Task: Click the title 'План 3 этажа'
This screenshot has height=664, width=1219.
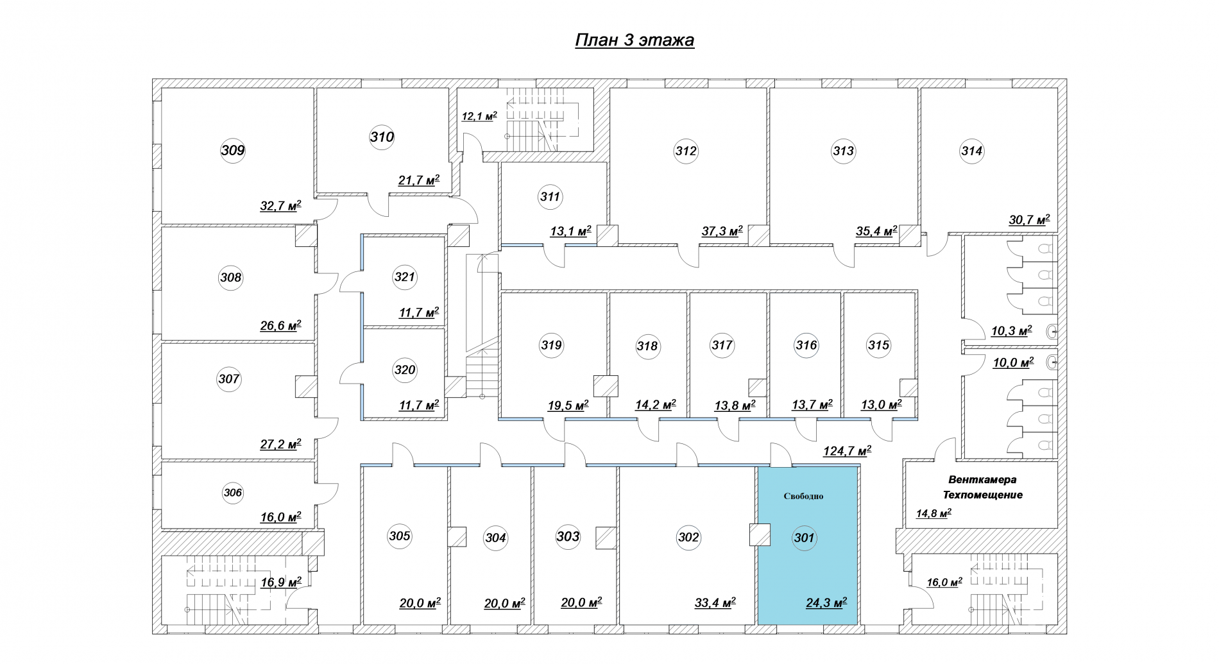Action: click(634, 40)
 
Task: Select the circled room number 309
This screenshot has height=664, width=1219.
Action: click(233, 151)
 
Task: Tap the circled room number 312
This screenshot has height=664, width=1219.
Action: click(686, 151)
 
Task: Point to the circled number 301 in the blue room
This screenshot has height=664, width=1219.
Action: click(804, 538)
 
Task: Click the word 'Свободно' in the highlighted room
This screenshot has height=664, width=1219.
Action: click(803, 496)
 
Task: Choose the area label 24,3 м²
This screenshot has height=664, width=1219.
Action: click(826, 602)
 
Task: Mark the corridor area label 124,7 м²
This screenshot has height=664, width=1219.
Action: click(847, 451)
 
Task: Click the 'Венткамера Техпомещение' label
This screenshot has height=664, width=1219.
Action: click(982, 487)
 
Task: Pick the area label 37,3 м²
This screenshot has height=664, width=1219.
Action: click(722, 231)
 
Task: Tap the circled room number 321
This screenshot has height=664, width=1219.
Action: click(405, 277)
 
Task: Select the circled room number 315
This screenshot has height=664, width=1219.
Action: click(878, 345)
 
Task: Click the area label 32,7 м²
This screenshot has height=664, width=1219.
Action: click(280, 206)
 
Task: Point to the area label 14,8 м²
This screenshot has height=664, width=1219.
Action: click(933, 513)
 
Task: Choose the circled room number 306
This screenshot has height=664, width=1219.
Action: click(233, 493)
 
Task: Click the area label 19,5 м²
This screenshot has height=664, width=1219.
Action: click(568, 405)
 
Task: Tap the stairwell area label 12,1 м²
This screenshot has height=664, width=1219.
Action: click(479, 116)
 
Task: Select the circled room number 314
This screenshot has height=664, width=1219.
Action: click(972, 151)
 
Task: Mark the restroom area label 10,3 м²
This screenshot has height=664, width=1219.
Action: click(1012, 331)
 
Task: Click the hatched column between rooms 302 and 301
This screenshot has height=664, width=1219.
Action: click(760, 535)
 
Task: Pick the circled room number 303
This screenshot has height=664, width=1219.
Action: click(568, 536)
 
